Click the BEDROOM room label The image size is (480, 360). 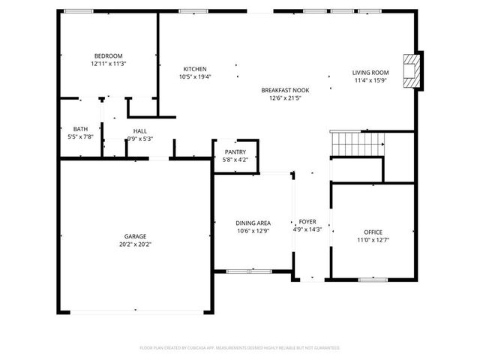109,56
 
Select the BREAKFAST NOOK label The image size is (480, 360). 285,90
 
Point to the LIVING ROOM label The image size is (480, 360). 370,73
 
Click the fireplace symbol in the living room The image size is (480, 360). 409,72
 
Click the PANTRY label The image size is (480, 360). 235,152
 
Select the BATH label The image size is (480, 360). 80,129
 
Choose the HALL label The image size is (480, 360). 139,130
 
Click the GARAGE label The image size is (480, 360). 136,236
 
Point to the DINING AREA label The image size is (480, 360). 253,223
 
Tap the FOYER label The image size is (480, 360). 307,223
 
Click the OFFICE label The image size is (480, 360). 373,232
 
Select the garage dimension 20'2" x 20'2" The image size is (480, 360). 136,244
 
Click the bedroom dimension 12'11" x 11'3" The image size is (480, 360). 109,64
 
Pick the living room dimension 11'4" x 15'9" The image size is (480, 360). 370,81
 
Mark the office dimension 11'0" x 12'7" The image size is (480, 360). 373,241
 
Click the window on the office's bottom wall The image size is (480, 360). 373,280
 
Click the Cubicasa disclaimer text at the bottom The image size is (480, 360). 240,348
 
